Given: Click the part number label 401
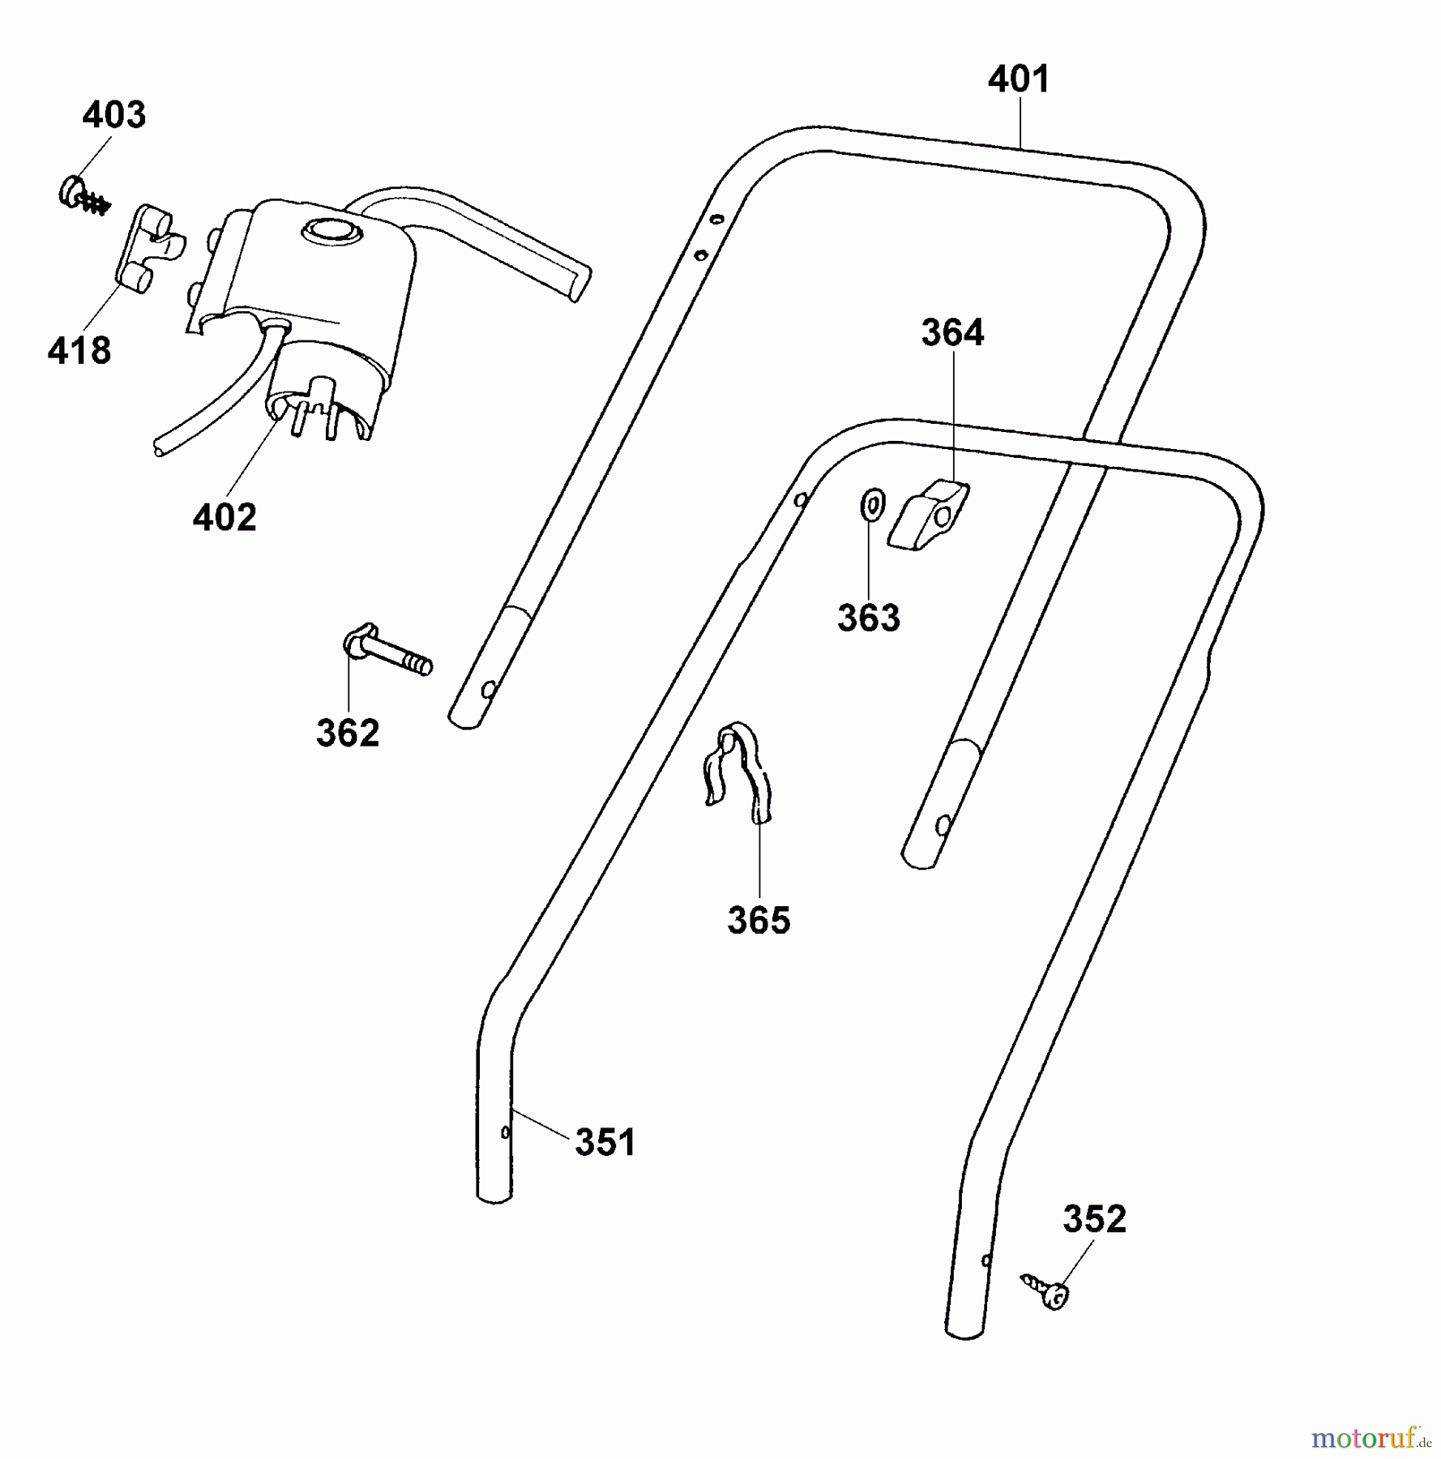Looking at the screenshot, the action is click(x=1019, y=79).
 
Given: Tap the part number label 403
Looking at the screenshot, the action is click(x=114, y=115).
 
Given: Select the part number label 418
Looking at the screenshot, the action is click(x=79, y=351).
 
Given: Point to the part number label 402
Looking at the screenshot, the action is click(x=224, y=517).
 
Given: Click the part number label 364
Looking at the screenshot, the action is click(x=952, y=332).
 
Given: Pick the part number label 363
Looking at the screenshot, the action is click(x=869, y=618).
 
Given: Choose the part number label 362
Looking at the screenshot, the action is click(x=348, y=734).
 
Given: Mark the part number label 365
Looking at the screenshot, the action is click(x=759, y=920).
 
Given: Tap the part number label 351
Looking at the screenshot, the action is click(x=605, y=1142).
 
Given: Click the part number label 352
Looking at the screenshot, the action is click(x=1094, y=1219).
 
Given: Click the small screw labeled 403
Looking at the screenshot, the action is click(x=84, y=196).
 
